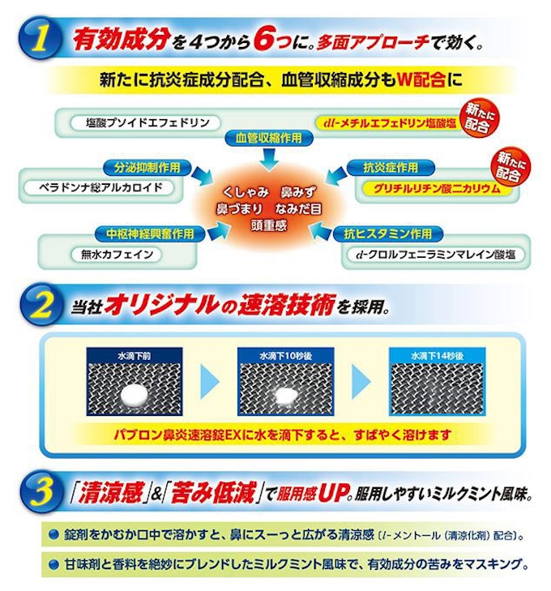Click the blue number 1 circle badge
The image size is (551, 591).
pyautogui.click(x=40, y=39)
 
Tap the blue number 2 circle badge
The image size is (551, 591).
pyautogui.click(x=41, y=305)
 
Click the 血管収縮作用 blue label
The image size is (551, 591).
pyautogui.click(x=269, y=138)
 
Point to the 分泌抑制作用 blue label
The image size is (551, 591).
pyautogui.click(x=147, y=167)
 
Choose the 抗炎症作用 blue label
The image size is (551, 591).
pyautogui.click(x=391, y=167)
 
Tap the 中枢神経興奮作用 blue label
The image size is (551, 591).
pyautogui.click(x=150, y=233)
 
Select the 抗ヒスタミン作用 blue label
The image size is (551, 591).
pyautogui.click(x=388, y=233)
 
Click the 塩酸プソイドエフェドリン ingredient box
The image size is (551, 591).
pyautogui.click(x=145, y=123)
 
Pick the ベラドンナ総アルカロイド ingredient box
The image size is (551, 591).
pyautogui.click(x=100, y=188)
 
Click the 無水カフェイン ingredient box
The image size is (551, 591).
pyautogui.click(x=117, y=255)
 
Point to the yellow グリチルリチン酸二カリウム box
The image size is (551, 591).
pyautogui.click(x=438, y=188)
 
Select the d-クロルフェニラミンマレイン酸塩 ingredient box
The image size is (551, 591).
pyautogui.click(x=435, y=255)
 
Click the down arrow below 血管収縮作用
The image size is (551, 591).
pyautogui.click(x=269, y=157)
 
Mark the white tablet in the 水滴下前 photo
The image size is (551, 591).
pyautogui.click(x=135, y=396)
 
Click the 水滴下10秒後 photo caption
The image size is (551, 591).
pyautogui.click(x=285, y=356)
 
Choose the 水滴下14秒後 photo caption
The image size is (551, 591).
pyautogui.click(x=437, y=356)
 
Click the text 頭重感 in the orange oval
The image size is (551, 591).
pyautogui.click(x=269, y=225)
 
